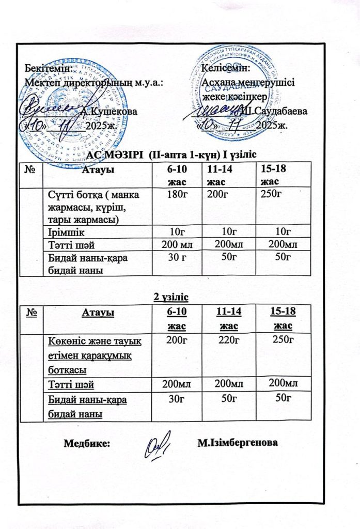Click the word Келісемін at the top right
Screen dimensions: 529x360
click(x=226, y=67)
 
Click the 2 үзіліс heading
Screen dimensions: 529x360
click(x=166, y=297)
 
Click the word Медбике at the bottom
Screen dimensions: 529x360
click(x=86, y=443)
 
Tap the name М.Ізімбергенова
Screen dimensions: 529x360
click(x=238, y=443)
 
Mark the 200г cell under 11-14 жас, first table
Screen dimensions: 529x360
click(x=218, y=194)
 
